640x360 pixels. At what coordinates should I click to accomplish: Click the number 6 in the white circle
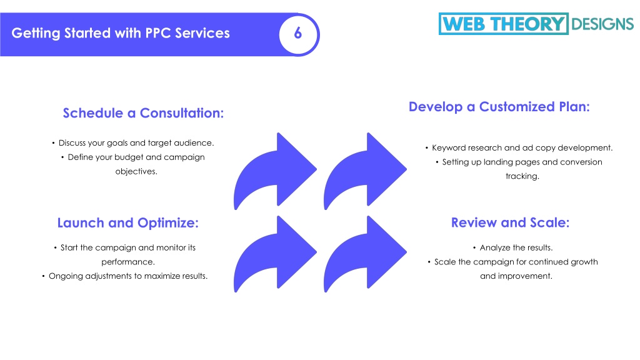298,33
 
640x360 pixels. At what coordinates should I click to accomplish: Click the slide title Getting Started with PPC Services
121,33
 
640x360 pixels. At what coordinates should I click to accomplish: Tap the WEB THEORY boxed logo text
503,24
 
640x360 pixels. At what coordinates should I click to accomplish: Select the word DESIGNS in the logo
602,24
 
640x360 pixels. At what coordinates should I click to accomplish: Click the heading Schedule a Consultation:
143,113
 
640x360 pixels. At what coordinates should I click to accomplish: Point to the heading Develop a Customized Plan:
499,106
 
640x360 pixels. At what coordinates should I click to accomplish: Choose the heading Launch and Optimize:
127,223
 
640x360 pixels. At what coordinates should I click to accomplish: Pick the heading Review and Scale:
510,222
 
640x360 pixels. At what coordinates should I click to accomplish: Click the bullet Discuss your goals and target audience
133,143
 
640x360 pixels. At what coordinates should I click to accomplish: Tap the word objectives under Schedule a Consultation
136,171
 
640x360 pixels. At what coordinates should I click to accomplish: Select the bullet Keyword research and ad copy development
519,147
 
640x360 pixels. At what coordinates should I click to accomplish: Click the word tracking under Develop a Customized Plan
522,176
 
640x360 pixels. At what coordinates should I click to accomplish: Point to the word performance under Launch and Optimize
128,262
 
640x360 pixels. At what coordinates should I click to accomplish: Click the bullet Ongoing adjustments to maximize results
125,276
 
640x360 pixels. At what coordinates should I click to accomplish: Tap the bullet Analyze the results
512,247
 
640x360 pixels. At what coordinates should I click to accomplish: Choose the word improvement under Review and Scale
516,276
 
